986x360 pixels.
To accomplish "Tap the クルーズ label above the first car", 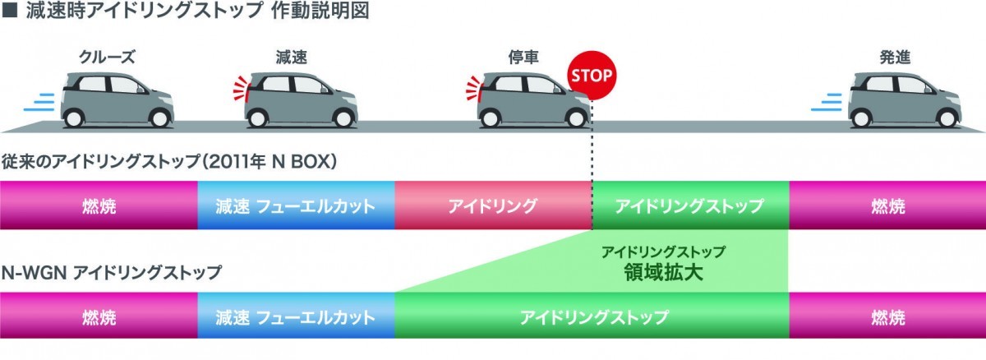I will coord(106,57).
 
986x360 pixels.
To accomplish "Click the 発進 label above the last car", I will coord(893,57).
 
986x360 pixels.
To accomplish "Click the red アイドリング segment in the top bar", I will coord(493,205).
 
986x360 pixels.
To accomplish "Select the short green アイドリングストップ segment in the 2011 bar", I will coord(689,205).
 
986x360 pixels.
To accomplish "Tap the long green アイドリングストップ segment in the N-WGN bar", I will coord(592,316).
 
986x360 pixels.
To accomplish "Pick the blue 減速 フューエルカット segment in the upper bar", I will coord(296,205).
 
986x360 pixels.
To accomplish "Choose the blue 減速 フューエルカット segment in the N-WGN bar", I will coord(296,316).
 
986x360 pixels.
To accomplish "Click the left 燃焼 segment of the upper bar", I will coord(99,205).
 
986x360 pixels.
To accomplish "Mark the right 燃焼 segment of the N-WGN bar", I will coord(887,316).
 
